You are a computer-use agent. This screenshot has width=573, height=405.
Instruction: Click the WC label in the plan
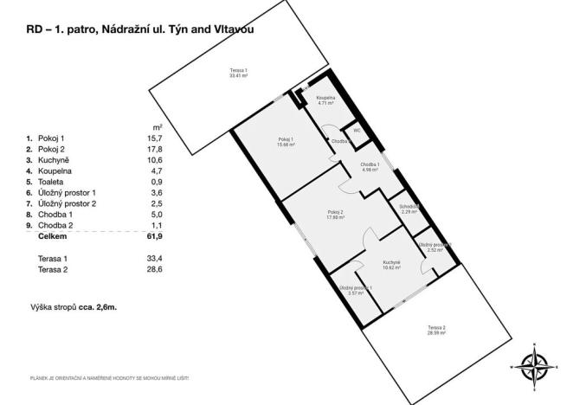[x=356, y=132]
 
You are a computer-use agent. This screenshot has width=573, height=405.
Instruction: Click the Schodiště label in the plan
[x=409, y=209]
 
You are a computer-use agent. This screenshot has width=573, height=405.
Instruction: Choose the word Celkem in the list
[x=54, y=235]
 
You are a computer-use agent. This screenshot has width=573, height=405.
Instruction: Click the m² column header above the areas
[x=157, y=128]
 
